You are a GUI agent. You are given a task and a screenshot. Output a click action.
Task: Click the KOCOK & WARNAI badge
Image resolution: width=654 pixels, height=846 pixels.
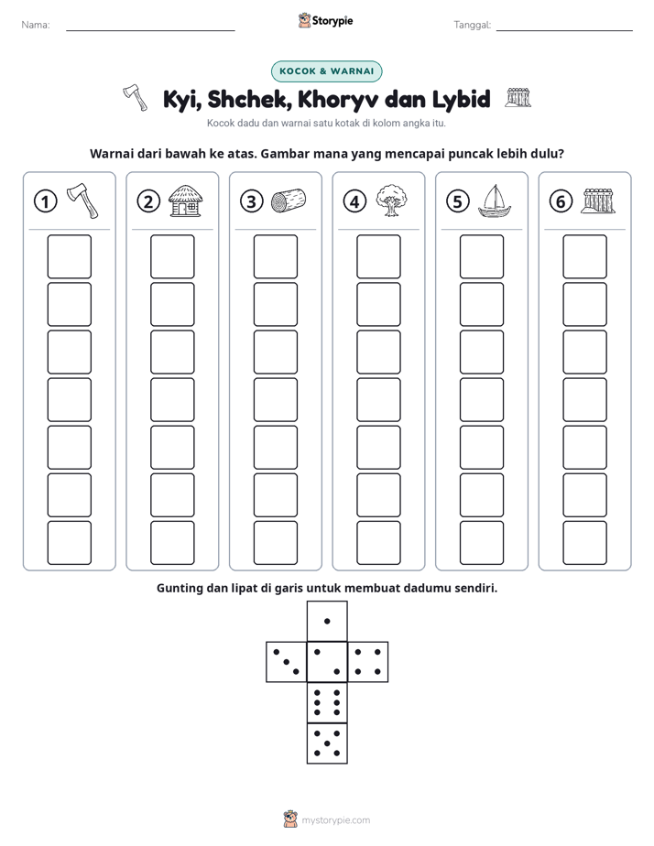click(x=326, y=71)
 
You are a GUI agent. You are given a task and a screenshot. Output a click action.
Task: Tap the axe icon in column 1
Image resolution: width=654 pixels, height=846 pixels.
click(x=82, y=201)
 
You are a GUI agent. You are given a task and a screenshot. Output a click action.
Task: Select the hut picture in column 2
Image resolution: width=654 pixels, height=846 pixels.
click(x=186, y=201)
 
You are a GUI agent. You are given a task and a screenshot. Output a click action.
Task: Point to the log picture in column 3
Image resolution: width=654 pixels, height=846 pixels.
click(x=289, y=201)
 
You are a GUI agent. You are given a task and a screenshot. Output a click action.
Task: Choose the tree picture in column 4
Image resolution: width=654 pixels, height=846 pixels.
click(x=392, y=201)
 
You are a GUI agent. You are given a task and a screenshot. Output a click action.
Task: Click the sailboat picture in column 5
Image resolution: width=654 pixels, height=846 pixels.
click(x=495, y=201)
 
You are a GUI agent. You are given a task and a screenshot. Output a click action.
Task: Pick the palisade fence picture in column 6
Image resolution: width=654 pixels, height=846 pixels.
click(x=598, y=201)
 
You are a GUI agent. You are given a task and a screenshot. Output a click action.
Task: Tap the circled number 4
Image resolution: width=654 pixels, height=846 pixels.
click(x=354, y=201)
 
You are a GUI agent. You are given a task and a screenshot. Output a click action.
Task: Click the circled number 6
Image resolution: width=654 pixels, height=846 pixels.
click(x=561, y=201)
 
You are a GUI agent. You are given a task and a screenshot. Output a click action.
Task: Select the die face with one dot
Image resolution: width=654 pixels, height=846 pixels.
click(x=327, y=621)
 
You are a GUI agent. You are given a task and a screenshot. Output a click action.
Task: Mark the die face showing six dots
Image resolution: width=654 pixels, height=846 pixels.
click(x=327, y=702)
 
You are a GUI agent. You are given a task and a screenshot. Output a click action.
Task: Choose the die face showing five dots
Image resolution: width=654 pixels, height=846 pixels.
click(x=327, y=743)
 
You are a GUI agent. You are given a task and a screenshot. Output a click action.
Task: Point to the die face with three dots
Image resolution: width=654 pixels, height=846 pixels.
click(x=287, y=661)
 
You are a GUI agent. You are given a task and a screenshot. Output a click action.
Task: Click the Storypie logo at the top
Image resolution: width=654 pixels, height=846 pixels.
click(x=325, y=21)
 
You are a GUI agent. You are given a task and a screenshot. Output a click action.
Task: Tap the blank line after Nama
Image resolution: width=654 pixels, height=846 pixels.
click(x=150, y=30)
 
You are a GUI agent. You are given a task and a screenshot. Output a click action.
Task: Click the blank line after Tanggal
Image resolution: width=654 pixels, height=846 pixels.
click(x=564, y=30)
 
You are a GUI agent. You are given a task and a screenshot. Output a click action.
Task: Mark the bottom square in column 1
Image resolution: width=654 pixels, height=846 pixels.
click(x=69, y=543)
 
